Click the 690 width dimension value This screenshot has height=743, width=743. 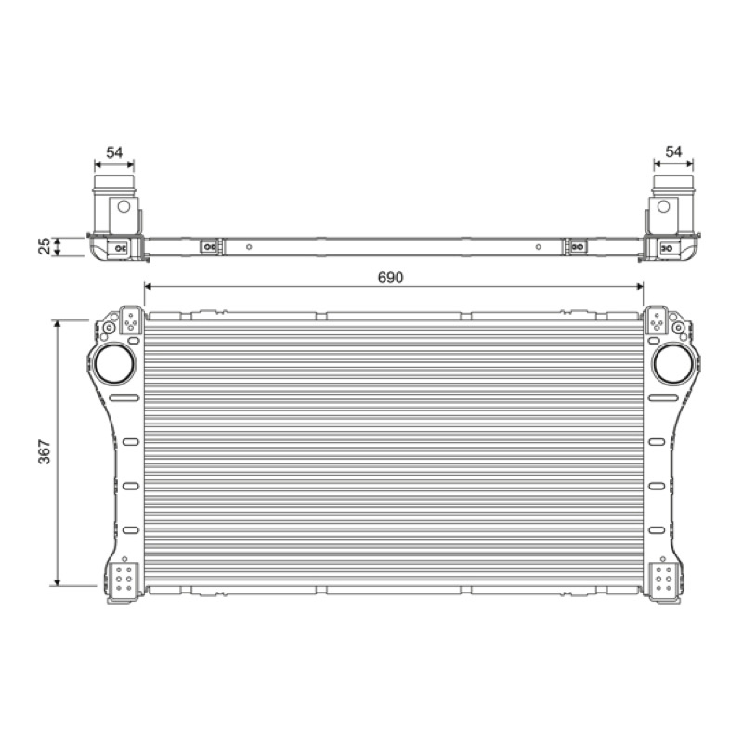point(390,277)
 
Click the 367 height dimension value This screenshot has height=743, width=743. point(44,452)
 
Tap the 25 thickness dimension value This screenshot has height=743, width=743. point(44,246)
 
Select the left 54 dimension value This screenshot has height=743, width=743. point(114,152)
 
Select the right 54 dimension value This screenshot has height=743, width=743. point(673,151)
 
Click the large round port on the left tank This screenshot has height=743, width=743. point(114,364)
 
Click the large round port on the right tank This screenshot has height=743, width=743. point(672,364)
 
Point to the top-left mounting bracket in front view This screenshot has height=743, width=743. point(131,320)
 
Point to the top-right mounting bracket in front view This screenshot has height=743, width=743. point(657,320)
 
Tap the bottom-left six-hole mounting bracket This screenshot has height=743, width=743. point(124,579)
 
